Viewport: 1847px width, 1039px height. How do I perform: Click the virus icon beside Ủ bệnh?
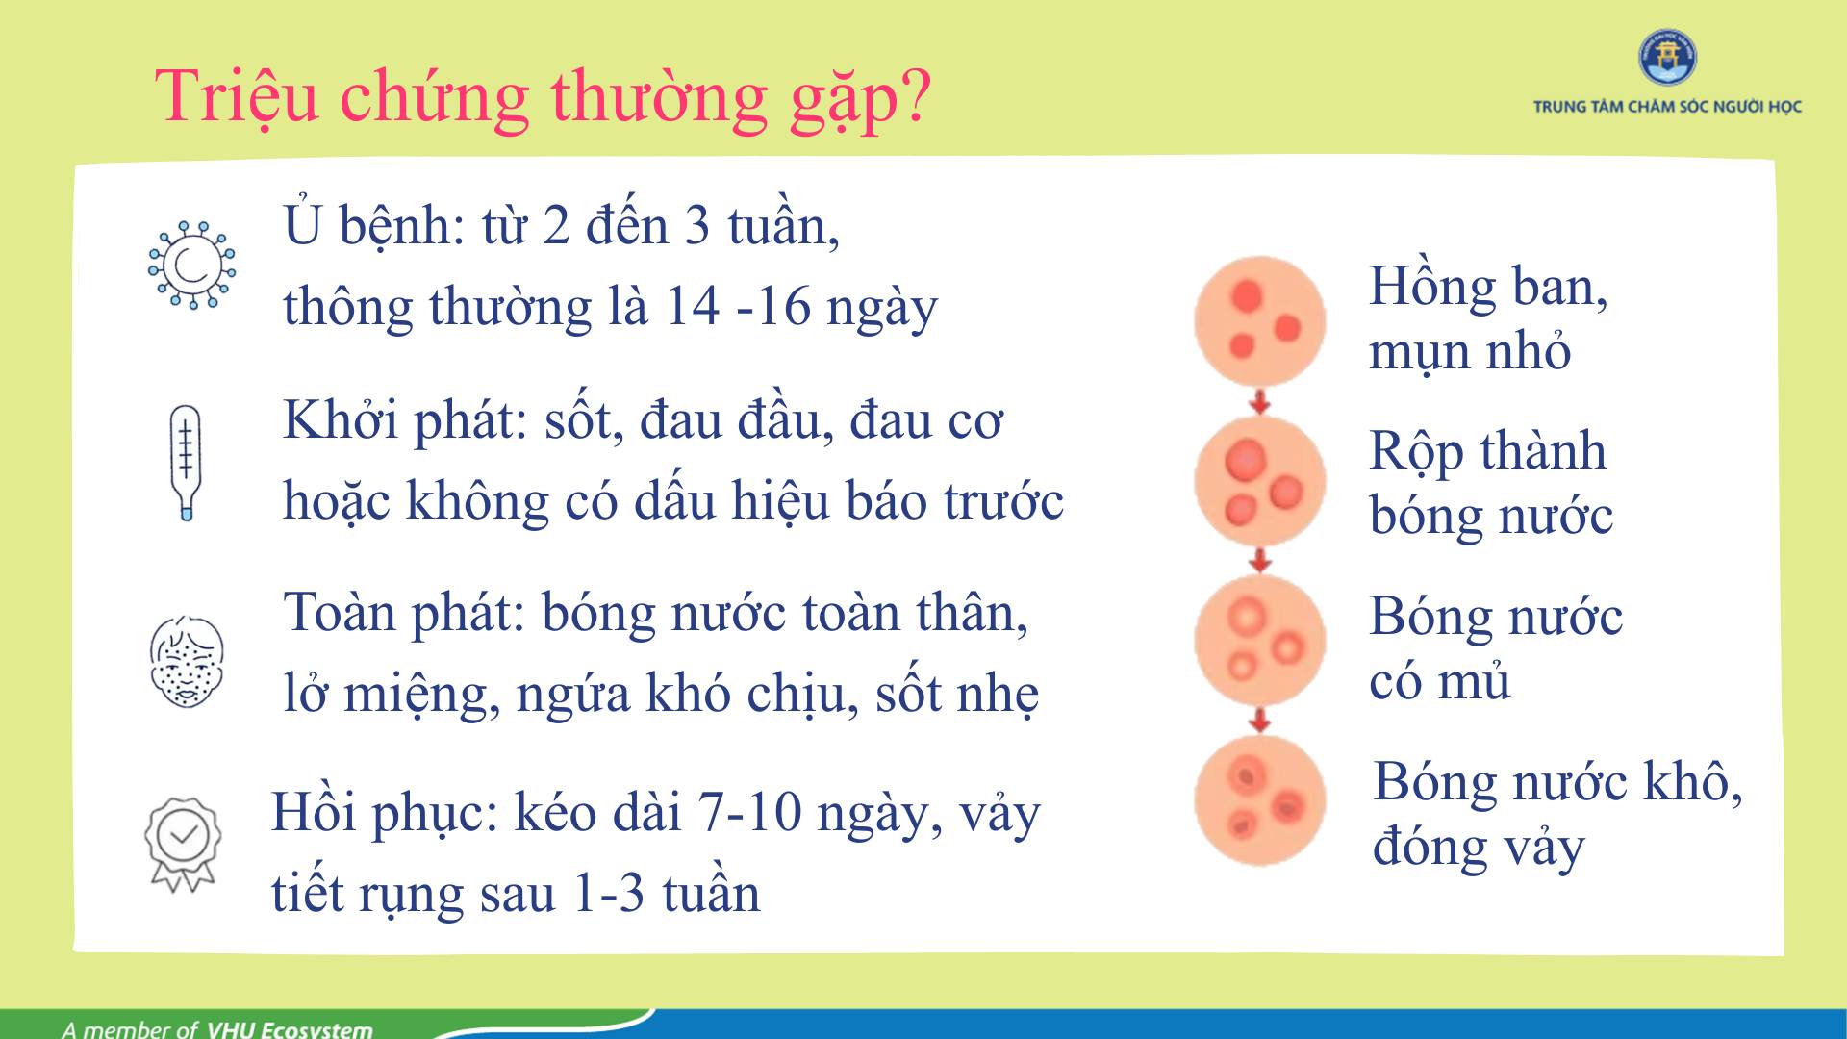(x=191, y=265)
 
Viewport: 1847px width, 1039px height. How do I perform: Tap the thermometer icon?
(x=186, y=463)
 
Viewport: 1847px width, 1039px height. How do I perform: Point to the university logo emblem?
(x=1667, y=57)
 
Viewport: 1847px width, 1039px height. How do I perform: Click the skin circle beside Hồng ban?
(x=1260, y=321)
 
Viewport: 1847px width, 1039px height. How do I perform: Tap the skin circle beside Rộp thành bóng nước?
(x=1260, y=480)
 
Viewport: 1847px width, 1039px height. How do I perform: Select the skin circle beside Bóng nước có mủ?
(x=1260, y=641)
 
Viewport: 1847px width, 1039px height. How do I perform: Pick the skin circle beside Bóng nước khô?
(x=1260, y=800)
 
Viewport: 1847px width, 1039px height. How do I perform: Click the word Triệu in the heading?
(x=237, y=96)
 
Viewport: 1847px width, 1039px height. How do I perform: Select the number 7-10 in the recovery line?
(x=750, y=813)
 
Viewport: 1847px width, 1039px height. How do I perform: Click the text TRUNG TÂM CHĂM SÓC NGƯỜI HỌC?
(x=1667, y=107)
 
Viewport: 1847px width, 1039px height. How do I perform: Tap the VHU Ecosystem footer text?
(x=290, y=1028)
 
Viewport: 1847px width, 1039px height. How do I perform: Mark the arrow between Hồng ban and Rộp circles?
(x=1260, y=401)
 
